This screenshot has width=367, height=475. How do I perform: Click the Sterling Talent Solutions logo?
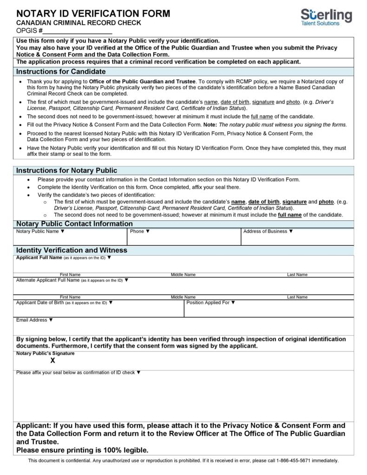point(326,17)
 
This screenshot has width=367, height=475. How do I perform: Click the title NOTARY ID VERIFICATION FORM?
point(93,13)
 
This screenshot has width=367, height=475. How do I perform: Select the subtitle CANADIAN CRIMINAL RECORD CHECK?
point(79,23)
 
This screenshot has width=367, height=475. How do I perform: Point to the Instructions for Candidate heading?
point(61,72)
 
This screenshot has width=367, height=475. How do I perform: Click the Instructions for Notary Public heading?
point(66,171)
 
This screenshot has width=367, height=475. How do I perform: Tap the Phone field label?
point(140,231)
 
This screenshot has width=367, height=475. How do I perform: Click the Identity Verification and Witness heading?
point(72,250)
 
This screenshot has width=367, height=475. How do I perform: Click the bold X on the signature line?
point(53,360)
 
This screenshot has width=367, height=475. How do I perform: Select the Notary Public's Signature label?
point(45,353)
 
